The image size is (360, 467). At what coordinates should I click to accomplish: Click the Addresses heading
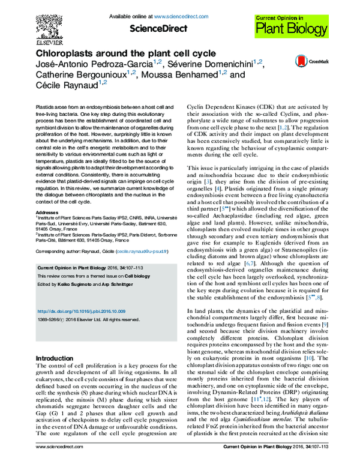click(49, 212)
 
